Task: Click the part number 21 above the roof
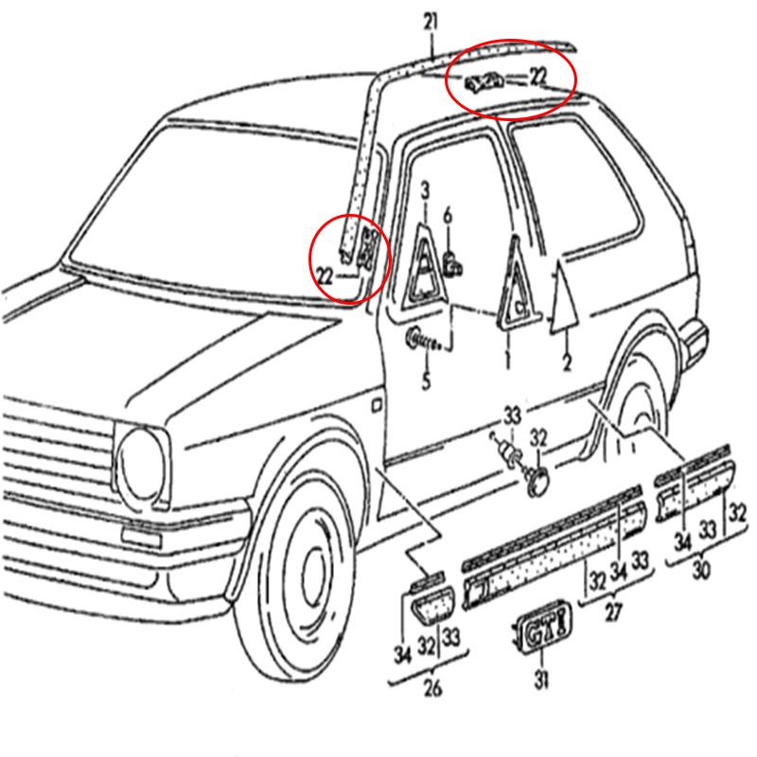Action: point(431,23)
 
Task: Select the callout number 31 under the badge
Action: point(541,679)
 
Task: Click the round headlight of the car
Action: point(140,465)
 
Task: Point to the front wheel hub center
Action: point(315,578)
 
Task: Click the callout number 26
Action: point(432,688)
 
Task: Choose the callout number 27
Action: point(613,612)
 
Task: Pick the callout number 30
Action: point(701,571)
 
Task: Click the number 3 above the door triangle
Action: point(425,191)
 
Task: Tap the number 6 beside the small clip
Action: point(448,216)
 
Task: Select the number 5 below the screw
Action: point(426,381)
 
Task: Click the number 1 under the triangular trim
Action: point(507,360)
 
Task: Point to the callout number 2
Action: point(567,362)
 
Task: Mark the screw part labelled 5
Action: point(424,340)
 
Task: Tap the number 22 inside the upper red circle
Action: point(538,77)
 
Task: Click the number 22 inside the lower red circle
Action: point(325,276)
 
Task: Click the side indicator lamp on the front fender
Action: point(377,405)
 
